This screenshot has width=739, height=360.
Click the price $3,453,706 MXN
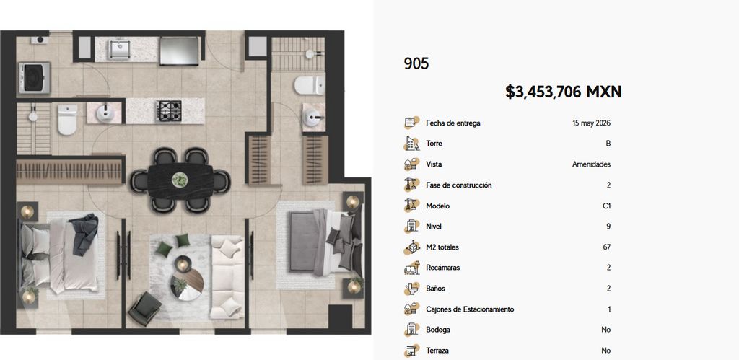[x=563, y=92]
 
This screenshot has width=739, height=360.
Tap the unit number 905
[x=416, y=63]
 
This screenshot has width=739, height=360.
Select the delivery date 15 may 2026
[x=592, y=123]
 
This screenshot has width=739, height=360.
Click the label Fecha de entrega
[x=453, y=123]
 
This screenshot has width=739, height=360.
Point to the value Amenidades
[x=592, y=164]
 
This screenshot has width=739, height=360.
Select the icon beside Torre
[x=411, y=144]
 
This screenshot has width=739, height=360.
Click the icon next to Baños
[x=411, y=289]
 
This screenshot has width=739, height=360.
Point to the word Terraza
[x=437, y=351]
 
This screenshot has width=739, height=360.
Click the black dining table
[x=180, y=180]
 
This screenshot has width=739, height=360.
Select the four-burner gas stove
[x=169, y=110]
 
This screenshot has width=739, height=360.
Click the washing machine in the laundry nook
[x=34, y=78]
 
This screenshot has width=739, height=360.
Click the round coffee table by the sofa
[x=187, y=284]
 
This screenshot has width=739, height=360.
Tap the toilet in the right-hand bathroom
[x=310, y=85]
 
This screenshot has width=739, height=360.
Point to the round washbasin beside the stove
[x=104, y=113]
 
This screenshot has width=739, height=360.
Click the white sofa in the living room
[x=227, y=278]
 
